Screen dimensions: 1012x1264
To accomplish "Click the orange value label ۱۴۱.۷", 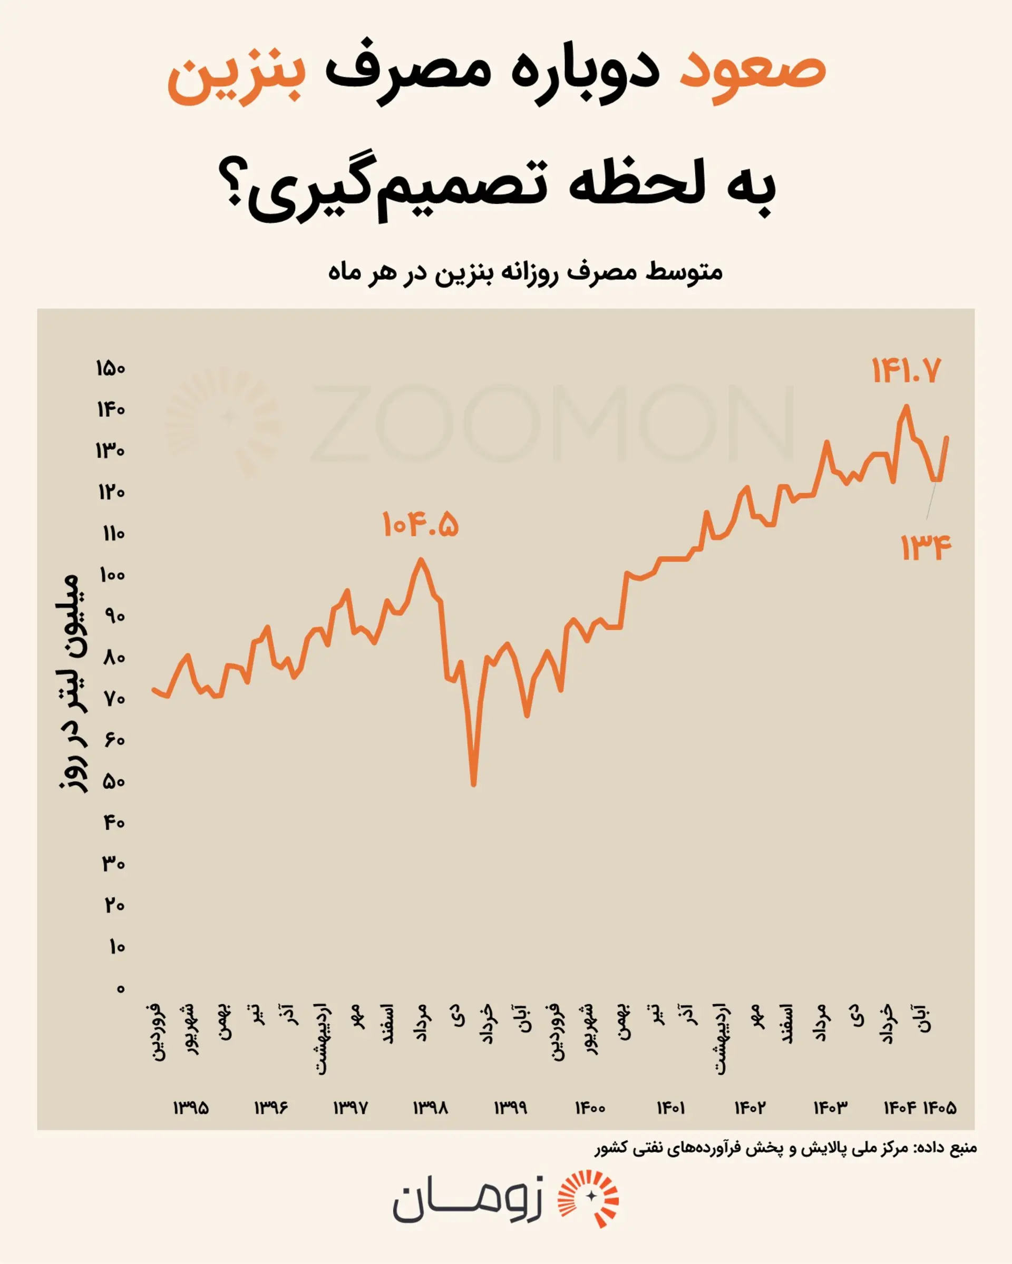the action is [906, 370].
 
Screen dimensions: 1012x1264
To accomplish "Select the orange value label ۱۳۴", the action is [926, 547].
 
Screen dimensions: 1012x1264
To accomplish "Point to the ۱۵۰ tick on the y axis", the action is [111, 369].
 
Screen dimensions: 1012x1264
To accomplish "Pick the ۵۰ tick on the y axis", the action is [114, 781].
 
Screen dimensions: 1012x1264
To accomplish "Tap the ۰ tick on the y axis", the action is [120, 989].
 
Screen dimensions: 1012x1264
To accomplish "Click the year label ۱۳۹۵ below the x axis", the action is [191, 1108].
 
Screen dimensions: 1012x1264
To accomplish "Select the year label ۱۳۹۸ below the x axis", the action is [431, 1108].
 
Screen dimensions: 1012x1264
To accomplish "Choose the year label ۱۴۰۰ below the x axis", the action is [590, 1108].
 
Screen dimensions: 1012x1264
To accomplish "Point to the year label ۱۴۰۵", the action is [940, 1108].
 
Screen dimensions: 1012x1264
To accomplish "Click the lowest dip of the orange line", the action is [474, 784].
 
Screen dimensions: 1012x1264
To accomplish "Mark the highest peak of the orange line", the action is [907, 406].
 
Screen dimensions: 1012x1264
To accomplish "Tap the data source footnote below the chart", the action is [786, 1148].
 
